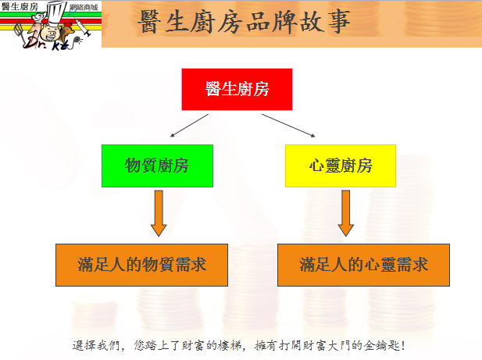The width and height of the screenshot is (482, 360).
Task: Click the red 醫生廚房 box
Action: (x=237, y=89)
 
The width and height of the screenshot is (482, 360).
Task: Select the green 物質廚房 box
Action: (x=157, y=166)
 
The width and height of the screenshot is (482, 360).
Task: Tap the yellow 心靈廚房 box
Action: (x=341, y=166)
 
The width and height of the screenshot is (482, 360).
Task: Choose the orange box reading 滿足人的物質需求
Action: (x=141, y=265)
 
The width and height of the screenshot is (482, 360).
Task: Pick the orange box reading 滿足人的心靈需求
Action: (x=364, y=265)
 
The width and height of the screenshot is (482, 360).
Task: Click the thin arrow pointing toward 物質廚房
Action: (x=189, y=125)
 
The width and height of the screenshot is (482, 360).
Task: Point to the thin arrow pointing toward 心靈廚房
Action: (x=288, y=125)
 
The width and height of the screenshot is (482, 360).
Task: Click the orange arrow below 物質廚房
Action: (x=159, y=213)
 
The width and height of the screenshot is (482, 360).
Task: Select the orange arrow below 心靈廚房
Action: (x=346, y=213)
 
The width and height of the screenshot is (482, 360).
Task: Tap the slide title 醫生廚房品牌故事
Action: (x=245, y=22)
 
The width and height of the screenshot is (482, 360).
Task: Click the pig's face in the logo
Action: (x=52, y=33)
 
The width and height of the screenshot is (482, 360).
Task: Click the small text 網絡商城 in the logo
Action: (x=84, y=7)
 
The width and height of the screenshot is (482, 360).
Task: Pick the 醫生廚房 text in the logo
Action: (x=20, y=6)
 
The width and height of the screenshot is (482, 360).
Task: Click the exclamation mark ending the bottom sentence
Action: (x=403, y=346)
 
